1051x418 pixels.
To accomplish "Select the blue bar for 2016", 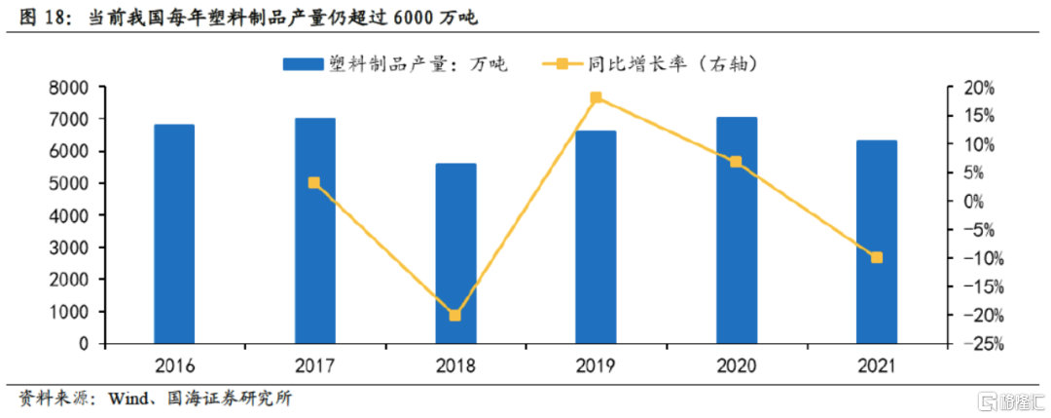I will point(174,234).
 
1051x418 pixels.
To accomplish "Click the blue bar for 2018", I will point(455,253).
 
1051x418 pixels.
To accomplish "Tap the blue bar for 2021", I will point(876,242).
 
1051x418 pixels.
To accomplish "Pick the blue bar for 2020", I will point(737,230).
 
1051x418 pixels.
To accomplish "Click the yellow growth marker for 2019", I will point(596,97).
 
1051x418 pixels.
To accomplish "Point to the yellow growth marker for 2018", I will point(455,316).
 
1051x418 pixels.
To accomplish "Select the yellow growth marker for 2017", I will point(314,182).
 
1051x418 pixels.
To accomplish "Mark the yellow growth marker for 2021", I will point(876,257).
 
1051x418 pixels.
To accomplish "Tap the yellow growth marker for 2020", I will point(736,162).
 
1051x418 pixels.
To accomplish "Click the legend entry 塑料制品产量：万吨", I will point(393,64).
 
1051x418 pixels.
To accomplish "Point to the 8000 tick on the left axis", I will point(71,88).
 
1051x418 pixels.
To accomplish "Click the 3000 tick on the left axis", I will point(71,247).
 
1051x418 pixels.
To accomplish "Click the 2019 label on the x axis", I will point(596,366).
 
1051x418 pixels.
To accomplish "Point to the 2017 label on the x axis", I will point(314,366).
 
